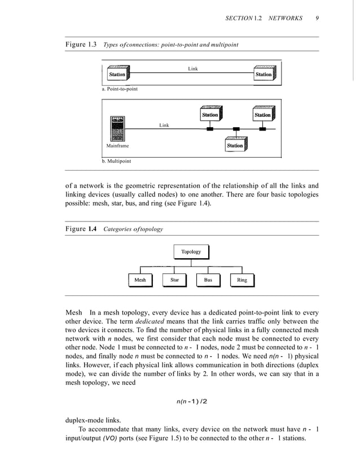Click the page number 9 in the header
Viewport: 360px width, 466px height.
(318, 18)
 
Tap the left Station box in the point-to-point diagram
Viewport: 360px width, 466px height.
(117, 75)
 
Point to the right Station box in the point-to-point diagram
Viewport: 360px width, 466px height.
(264, 75)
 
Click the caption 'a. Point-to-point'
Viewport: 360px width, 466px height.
(120, 89)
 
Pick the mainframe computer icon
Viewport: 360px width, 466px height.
(118, 129)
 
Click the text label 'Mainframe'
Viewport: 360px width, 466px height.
(118, 146)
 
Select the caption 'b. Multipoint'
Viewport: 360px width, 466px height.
(116, 161)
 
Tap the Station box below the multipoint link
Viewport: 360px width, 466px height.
(235, 146)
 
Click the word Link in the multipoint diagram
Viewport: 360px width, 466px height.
(164, 125)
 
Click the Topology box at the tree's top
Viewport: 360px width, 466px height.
(191, 252)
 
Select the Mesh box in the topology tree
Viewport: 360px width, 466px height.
(140, 280)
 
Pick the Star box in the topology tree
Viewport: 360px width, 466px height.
(174, 280)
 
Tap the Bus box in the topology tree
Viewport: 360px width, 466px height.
(208, 280)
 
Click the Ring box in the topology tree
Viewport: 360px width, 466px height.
(242, 280)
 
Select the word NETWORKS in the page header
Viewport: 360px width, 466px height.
(286, 18)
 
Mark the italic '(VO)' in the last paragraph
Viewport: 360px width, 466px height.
(111, 439)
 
